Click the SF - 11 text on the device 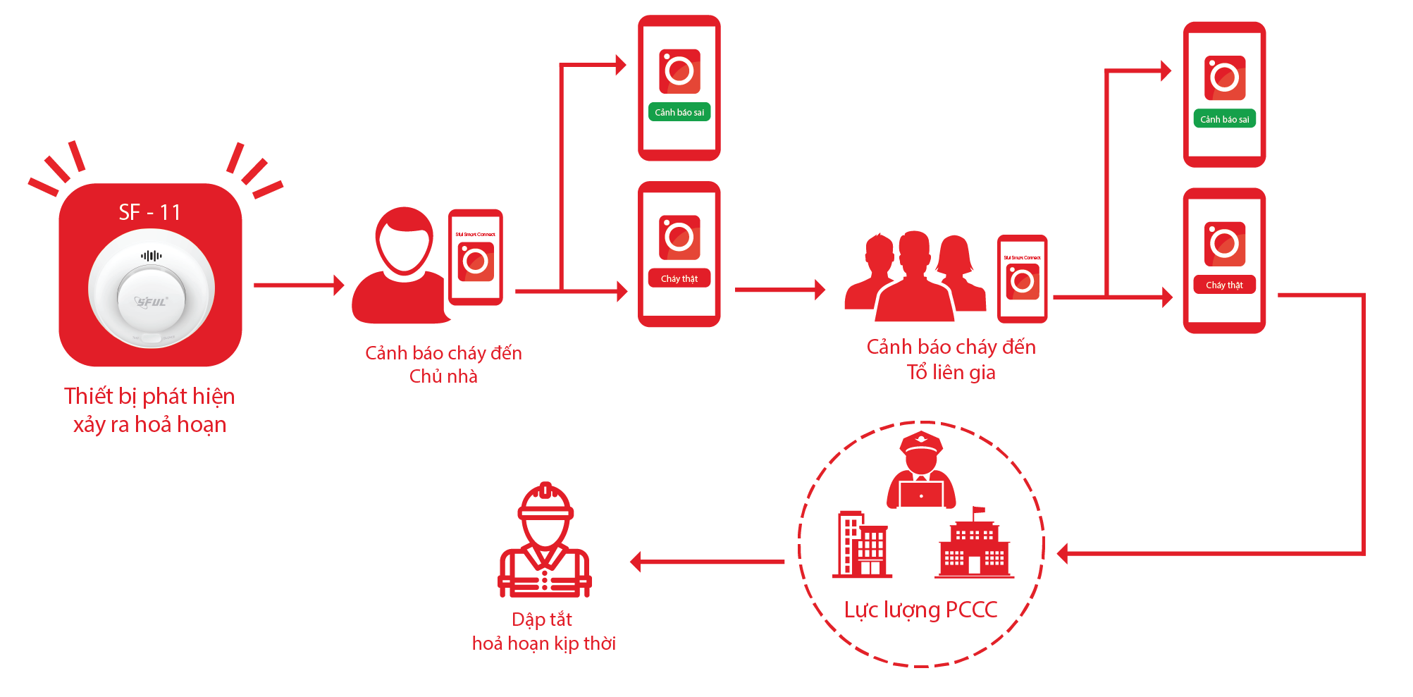click(x=149, y=212)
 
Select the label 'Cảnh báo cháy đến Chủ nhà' click(x=443, y=364)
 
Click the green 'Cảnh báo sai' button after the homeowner click(x=679, y=112)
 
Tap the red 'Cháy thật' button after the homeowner click(x=679, y=278)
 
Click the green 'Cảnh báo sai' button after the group click(x=1224, y=119)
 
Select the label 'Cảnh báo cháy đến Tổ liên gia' click(x=951, y=359)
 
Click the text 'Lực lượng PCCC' click(x=920, y=610)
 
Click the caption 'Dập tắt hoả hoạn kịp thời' click(x=543, y=631)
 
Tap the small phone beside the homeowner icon click(x=476, y=257)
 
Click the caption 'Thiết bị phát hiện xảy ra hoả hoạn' click(x=149, y=410)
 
